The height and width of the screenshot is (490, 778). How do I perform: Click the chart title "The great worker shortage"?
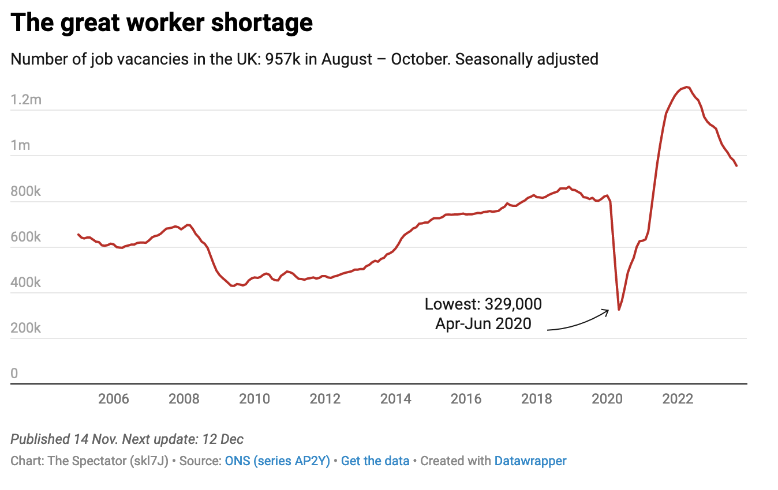click(x=162, y=23)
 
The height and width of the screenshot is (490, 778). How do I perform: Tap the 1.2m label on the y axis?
click(x=27, y=100)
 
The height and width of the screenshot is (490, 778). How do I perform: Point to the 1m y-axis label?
click(x=21, y=145)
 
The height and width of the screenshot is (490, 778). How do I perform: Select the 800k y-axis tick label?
click(x=26, y=191)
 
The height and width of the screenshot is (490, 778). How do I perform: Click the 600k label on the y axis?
click(x=26, y=237)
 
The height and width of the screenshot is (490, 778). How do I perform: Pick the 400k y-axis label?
click(x=26, y=282)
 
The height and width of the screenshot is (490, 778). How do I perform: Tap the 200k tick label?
click(x=26, y=328)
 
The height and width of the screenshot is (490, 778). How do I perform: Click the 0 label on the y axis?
click(x=14, y=374)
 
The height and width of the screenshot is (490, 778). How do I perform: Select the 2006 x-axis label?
click(x=114, y=398)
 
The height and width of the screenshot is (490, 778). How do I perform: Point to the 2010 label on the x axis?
click(x=255, y=398)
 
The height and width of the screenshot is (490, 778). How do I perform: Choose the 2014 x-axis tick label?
click(x=396, y=398)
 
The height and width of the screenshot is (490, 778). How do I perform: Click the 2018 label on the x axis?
click(x=537, y=398)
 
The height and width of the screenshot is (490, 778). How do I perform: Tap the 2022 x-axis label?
click(x=678, y=398)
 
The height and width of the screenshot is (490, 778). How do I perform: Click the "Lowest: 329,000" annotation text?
click(x=484, y=304)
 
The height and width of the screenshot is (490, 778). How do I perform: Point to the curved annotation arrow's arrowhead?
click(x=607, y=311)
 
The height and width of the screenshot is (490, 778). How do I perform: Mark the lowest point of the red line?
click(x=619, y=310)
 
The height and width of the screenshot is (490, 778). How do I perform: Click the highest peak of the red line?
click(x=686, y=87)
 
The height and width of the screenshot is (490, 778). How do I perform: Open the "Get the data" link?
click(x=375, y=461)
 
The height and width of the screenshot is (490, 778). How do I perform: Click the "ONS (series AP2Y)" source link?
click(x=277, y=461)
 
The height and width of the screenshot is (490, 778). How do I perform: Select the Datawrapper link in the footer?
click(x=530, y=461)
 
